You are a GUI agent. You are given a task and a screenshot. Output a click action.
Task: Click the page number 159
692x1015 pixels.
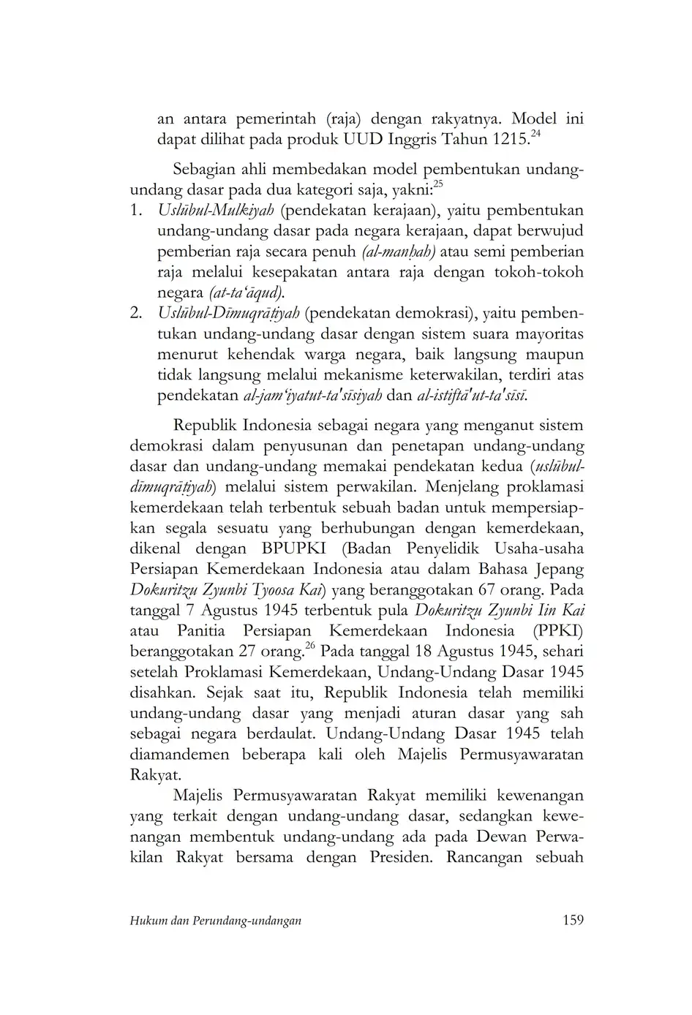(x=573, y=920)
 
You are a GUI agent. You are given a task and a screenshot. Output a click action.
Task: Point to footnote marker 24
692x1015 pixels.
(x=535, y=133)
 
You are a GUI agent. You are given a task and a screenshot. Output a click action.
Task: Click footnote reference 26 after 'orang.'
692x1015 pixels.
(x=309, y=646)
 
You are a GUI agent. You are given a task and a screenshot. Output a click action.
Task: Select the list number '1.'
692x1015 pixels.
(x=137, y=211)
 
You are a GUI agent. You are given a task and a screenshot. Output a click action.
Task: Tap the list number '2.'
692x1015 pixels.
(x=137, y=314)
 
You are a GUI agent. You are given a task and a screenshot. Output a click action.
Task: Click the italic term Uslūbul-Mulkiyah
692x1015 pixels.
(x=216, y=211)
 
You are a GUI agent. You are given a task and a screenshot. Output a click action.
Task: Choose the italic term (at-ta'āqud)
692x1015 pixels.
(x=247, y=293)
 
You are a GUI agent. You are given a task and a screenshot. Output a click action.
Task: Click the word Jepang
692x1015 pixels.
(x=559, y=569)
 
